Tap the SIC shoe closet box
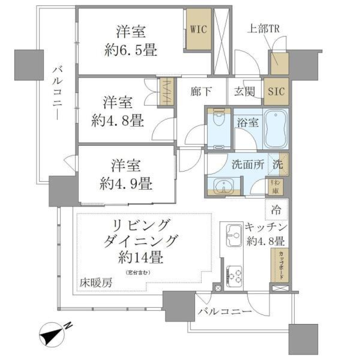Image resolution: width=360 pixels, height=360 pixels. pyautogui.click(x=277, y=91)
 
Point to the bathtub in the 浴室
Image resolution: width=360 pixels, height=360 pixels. pyautogui.click(x=276, y=128)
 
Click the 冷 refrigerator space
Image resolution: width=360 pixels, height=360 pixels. pyautogui.click(x=277, y=210)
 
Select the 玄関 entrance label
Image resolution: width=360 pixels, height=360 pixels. pyautogui.click(x=245, y=91)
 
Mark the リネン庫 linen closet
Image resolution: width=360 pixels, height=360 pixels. pyautogui.click(x=274, y=186)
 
